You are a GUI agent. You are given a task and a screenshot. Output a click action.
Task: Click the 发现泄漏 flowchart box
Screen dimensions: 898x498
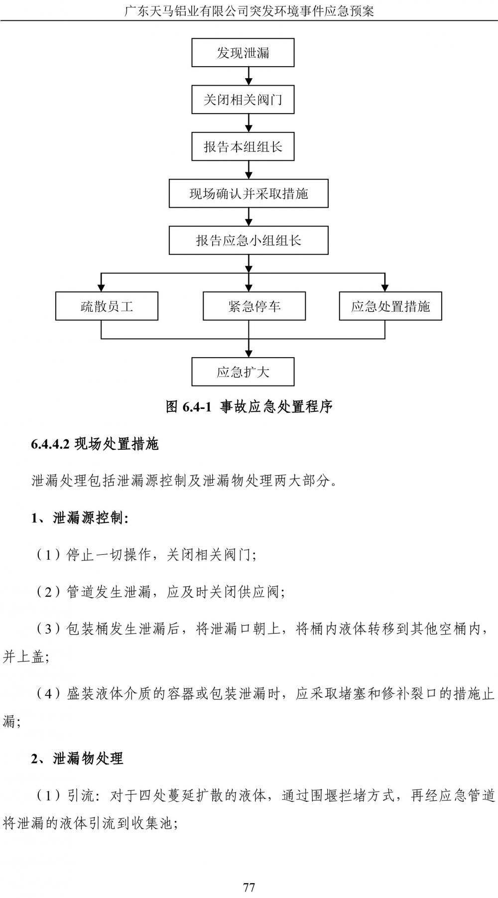[x=243, y=53]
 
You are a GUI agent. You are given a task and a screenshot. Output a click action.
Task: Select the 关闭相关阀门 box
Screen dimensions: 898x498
[x=243, y=100]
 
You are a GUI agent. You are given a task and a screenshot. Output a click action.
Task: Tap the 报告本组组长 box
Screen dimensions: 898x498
[x=243, y=146]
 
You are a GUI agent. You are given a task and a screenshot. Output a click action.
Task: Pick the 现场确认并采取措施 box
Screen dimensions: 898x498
[x=249, y=193]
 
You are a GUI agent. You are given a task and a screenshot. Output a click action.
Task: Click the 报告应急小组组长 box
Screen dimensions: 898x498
[x=249, y=241]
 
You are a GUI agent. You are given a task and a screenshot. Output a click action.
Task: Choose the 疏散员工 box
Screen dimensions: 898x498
[x=107, y=306]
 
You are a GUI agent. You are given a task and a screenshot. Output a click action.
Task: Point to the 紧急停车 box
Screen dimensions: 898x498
[x=254, y=306]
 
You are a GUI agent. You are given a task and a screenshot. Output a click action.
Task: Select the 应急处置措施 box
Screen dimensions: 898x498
[x=390, y=306]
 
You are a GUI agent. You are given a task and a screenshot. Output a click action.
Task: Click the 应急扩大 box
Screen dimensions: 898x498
[x=243, y=372]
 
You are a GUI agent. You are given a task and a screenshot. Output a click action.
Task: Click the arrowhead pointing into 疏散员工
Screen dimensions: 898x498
[x=102, y=287]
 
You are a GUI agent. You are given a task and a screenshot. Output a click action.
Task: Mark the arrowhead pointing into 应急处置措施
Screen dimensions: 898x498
[x=384, y=287]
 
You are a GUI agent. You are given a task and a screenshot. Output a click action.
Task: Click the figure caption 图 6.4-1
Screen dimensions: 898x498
[x=249, y=407]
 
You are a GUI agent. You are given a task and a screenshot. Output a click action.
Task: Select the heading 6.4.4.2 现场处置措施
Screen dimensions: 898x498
[x=95, y=444]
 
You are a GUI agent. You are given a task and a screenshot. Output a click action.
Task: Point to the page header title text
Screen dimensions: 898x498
[x=249, y=10]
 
